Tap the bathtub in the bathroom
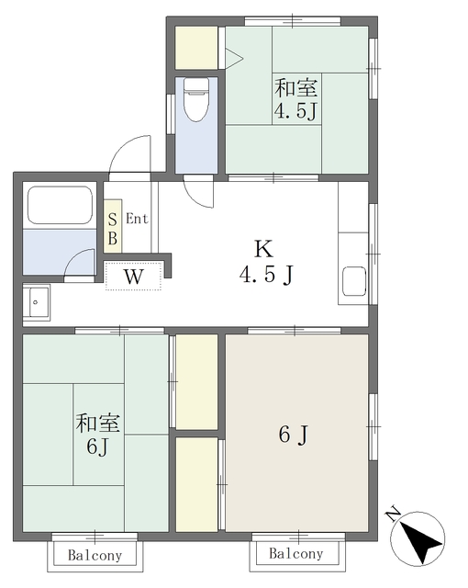tap(60, 205)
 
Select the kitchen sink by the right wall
tap(353, 282)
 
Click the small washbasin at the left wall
tap(38, 300)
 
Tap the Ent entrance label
tap(137, 219)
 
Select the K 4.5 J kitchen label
tap(266, 261)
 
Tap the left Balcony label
tap(95, 555)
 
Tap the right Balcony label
tap(297, 554)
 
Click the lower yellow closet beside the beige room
tap(195, 483)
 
